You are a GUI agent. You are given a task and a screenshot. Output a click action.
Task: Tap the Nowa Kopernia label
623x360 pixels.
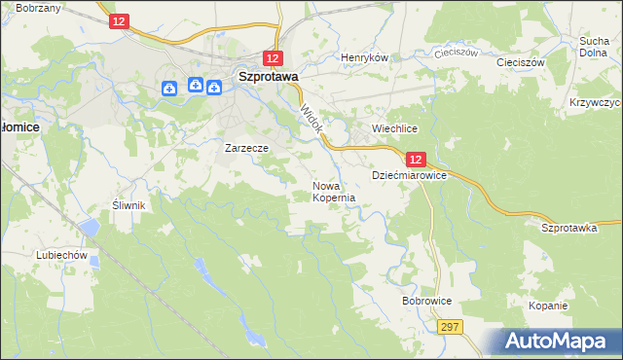point(333,191)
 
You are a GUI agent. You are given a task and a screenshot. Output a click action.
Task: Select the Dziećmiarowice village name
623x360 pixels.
point(409,175)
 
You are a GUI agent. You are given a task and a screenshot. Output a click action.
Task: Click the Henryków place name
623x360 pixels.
point(364,57)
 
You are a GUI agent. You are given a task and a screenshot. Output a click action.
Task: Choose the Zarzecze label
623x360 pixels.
point(246,148)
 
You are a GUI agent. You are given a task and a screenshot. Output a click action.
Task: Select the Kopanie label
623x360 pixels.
point(548,306)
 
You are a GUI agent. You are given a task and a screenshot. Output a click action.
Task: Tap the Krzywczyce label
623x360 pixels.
point(596,102)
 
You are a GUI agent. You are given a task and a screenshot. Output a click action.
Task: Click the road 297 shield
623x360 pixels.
point(448,328)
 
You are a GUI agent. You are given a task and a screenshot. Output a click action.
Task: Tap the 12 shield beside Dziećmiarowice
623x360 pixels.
point(416,159)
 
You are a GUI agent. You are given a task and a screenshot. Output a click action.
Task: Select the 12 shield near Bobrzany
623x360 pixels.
point(119,20)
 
